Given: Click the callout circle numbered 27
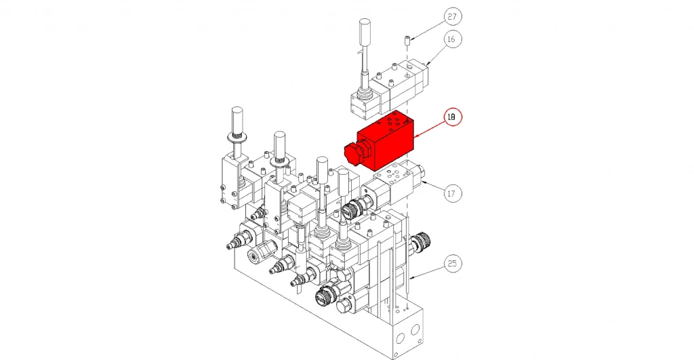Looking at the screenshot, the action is [x=451, y=17].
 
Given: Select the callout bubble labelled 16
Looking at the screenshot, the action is [x=451, y=39].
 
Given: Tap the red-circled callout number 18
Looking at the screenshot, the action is [x=451, y=117].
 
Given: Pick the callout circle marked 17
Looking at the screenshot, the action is [x=451, y=193].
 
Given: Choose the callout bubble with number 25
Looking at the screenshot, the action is [x=451, y=264].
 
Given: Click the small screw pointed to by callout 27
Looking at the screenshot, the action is [x=407, y=41].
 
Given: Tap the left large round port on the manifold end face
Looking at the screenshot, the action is [x=400, y=338].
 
